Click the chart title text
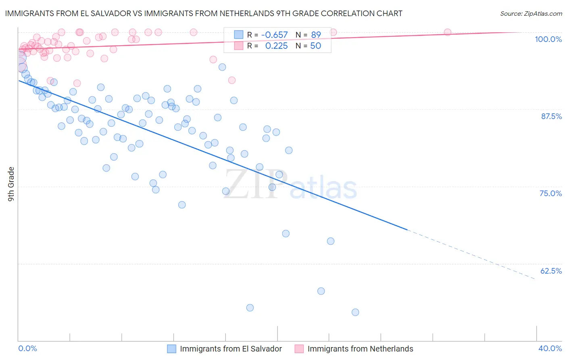203,13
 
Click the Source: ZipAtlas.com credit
531,13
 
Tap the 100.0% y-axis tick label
548,39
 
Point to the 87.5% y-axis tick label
551,116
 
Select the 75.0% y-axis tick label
550,193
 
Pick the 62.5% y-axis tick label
551,271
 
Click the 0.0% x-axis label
27,348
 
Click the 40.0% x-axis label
550,348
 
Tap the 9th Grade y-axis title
11,184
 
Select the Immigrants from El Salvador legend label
231,349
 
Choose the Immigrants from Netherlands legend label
360,349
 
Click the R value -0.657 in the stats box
274,35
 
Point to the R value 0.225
276,46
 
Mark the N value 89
316,35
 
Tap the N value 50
315,46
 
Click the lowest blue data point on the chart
355,312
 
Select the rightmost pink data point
447,32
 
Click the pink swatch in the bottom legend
299,349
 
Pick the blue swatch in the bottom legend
171,349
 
